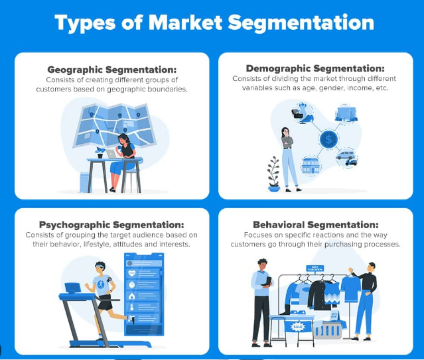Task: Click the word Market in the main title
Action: point(185,23)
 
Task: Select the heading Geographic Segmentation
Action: point(111,70)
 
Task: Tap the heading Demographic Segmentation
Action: point(315,69)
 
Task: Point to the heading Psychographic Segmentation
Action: point(111,225)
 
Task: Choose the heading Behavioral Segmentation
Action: point(316,225)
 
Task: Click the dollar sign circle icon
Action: point(328,139)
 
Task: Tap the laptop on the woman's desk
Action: point(111,154)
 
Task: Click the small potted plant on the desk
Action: point(100,152)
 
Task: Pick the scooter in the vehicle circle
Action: point(351,162)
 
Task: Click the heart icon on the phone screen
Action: point(131,273)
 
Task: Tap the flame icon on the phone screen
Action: point(131,296)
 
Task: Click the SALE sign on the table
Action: point(298,327)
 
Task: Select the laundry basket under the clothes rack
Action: point(328,331)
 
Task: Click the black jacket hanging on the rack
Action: point(321,295)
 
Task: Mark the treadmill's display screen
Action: point(72,288)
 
